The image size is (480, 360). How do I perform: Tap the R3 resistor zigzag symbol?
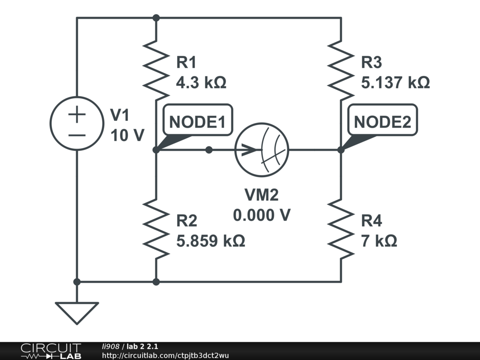point(341,67)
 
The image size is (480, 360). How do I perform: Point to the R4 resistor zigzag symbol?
point(341,228)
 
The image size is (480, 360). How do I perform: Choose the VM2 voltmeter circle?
point(262,150)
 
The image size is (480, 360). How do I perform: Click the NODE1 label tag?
point(197,122)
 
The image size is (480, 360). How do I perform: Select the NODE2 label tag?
point(382,122)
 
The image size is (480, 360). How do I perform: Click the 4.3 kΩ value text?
point(201,83)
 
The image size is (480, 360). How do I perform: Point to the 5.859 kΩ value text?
point(210,241)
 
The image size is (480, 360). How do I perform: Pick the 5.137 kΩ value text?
point(395,83)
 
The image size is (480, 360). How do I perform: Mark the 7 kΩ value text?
point(379,241)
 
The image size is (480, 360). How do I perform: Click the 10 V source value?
point(127,135)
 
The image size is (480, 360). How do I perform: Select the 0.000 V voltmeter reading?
point(262,215)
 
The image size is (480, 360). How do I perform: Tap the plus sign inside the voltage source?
point(77,114)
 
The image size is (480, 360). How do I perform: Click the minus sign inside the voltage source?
point(77,135)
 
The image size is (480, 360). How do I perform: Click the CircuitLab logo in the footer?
point(51,351)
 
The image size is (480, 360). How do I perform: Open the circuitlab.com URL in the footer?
point(165,355)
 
